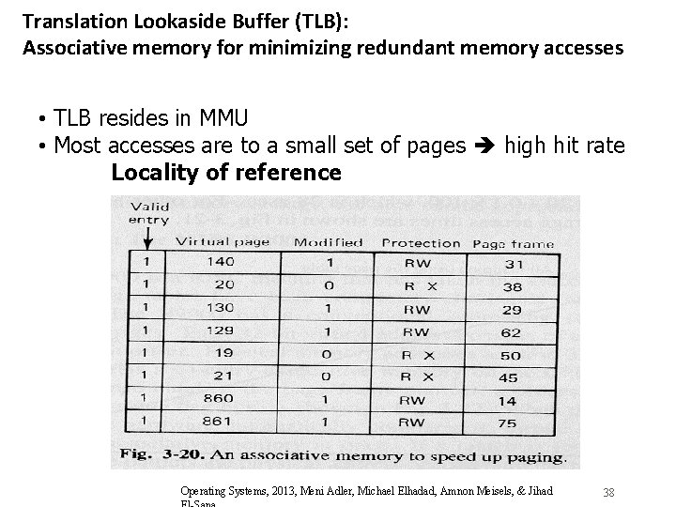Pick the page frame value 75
pos(507,423)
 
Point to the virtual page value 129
pos(223,331)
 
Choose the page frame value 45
pos(507,378)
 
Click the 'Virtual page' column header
pos(223,241)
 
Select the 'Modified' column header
pos(329,242)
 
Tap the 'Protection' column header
pos(421,243)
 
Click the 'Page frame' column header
pos(513,244)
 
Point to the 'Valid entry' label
pos(148,213)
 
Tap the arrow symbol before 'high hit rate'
pos(488,146)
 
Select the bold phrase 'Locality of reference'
pos(226,173)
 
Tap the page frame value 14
pos(507,401)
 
